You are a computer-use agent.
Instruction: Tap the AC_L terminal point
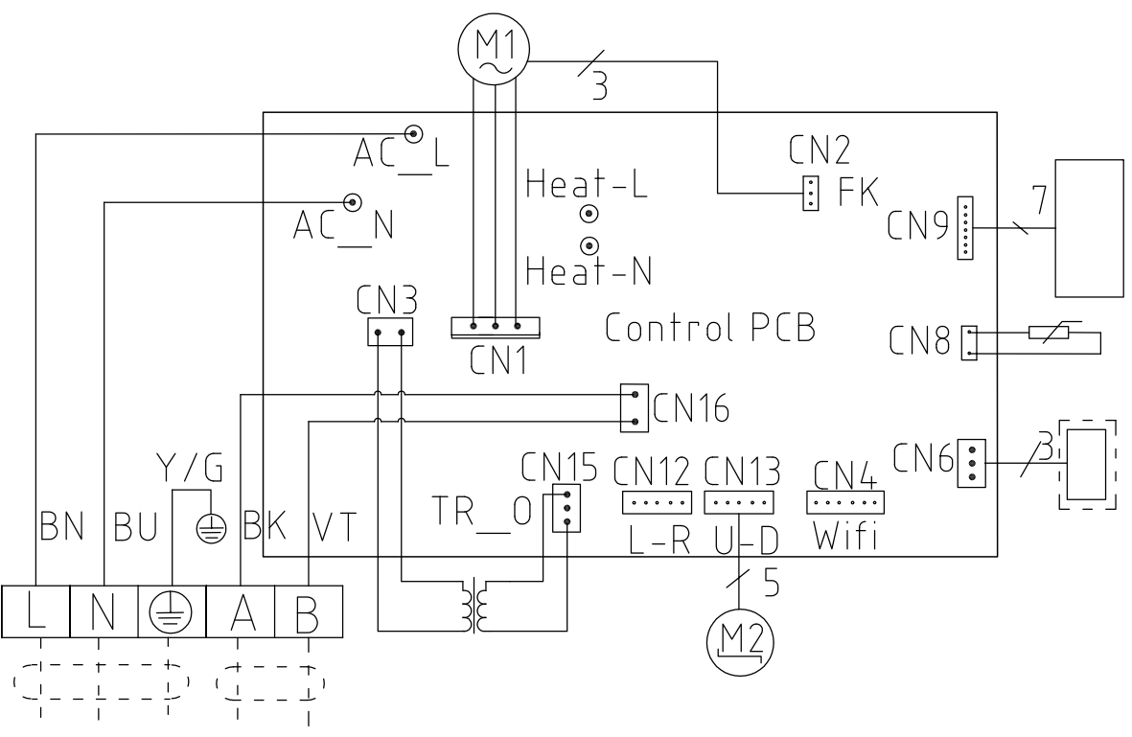click(414, 133)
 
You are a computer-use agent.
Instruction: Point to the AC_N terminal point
click(353, 202)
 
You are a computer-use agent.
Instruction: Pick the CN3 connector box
click(390, 332)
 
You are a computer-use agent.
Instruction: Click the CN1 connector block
click(496, 328)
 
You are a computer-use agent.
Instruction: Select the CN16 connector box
click(634, 408)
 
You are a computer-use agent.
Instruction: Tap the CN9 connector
click(964, 228)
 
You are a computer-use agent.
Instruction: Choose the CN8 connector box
click(969, 343)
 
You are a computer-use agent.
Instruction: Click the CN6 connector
click(971, 464)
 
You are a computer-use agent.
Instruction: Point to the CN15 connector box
click(566, 507)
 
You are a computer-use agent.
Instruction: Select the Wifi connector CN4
click(844, 502)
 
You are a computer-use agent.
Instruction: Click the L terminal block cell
click(35, 611)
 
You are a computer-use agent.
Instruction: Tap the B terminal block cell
click(309, 611)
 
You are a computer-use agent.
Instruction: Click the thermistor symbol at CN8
click(1049, 333)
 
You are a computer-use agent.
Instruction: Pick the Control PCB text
click(710, 328)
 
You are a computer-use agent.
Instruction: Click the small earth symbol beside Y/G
click(211, 529)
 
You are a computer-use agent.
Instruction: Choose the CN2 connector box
click(811, 194)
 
